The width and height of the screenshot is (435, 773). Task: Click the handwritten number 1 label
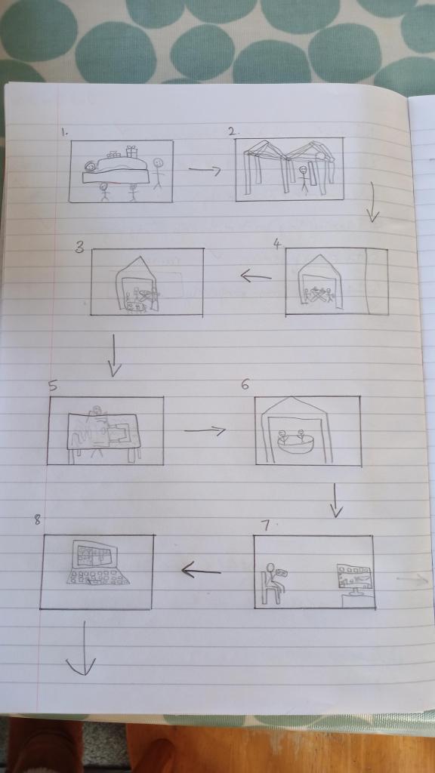63,132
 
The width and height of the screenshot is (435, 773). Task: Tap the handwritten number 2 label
233,131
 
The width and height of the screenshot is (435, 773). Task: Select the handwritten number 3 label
79,248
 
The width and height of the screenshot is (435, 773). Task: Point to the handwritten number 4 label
277,244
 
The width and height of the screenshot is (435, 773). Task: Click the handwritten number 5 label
52,386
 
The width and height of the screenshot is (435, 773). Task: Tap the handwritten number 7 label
265,526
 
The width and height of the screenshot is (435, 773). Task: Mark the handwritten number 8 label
38,520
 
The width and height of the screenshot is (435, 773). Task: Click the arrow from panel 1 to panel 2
205,170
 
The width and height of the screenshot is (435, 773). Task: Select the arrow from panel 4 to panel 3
256,276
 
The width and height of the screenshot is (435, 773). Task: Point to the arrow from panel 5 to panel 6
205,431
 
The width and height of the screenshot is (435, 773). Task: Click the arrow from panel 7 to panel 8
201,571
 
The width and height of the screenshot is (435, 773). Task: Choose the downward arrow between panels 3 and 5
115,356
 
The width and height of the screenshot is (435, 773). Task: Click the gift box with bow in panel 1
131,152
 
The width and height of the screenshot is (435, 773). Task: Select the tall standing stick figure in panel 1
158,174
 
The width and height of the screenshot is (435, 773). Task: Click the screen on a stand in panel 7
355,581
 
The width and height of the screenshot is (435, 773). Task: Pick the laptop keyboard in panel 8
97,577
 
